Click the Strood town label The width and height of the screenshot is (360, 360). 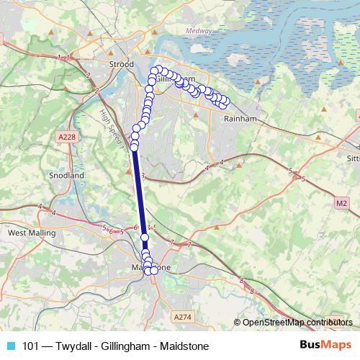tap(121, 64)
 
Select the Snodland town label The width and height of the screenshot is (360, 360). tap(67, 175)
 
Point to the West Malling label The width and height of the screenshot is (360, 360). tap(31, 233)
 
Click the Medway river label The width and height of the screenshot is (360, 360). tap(199, 30)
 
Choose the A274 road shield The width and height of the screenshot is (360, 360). tap(184, 316)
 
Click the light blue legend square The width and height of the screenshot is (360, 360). tap(9, 346)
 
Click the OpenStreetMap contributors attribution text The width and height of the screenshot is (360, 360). tap(297, 323)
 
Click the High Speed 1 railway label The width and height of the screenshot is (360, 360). tap(112, 127)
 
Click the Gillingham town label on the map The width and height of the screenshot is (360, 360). tap(176, 78)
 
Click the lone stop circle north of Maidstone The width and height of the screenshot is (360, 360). tap(145, 237)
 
